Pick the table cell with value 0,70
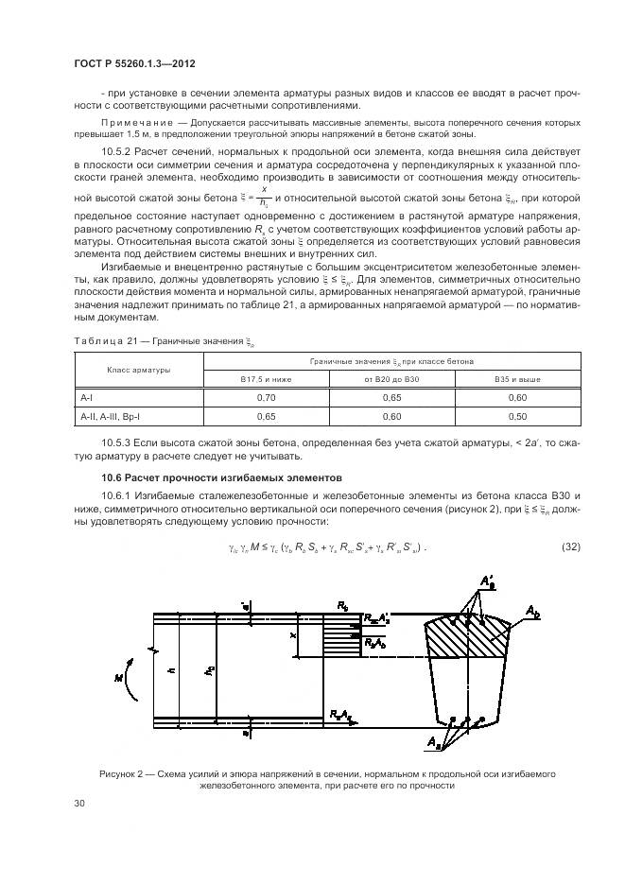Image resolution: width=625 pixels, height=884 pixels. click(x=266, y=399)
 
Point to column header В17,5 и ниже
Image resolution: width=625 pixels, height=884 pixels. click(x=266, y=379)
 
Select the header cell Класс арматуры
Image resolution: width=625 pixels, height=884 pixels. click(x=139, y=370)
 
